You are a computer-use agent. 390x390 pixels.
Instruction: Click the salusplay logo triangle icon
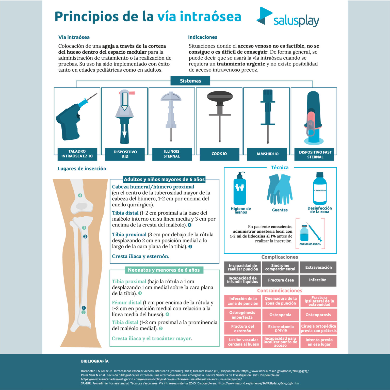[264, 16]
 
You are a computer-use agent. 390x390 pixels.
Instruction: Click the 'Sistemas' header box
[190, 81]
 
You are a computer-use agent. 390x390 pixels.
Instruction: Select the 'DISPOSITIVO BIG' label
[125, 154]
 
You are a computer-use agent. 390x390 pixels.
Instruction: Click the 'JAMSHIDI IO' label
[267, 154]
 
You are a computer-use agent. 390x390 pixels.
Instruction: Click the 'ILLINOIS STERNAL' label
[172, 154]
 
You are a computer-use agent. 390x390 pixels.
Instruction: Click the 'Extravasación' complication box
[318, 267]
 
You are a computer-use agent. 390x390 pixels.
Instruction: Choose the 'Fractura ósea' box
[281, 280]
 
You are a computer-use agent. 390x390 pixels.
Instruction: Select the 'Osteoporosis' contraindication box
[318, 315]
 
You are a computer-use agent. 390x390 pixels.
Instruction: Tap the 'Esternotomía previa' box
[281, 328]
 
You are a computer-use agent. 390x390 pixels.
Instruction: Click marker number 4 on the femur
[80, 195]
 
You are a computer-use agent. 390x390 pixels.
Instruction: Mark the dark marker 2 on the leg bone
[85, 236]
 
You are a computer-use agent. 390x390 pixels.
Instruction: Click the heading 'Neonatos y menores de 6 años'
[164, 270]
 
